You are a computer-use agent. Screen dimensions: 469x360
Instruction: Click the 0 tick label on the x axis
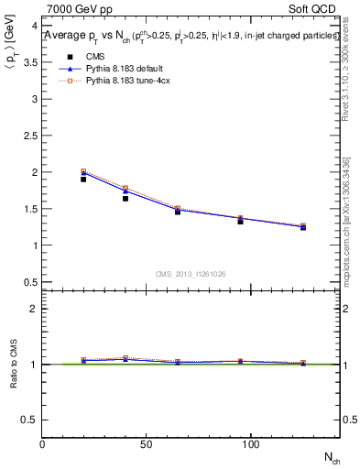click(x=43, y=444)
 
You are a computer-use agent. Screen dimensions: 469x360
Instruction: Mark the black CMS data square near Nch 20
click(x=83, y=179)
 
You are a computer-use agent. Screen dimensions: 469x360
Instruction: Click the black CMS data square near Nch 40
click(x=125, y=198)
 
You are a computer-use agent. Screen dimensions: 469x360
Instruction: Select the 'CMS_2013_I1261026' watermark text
click(x=191, y=274)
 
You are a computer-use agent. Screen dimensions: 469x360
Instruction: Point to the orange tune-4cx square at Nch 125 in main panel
click(x=303, y=225)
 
